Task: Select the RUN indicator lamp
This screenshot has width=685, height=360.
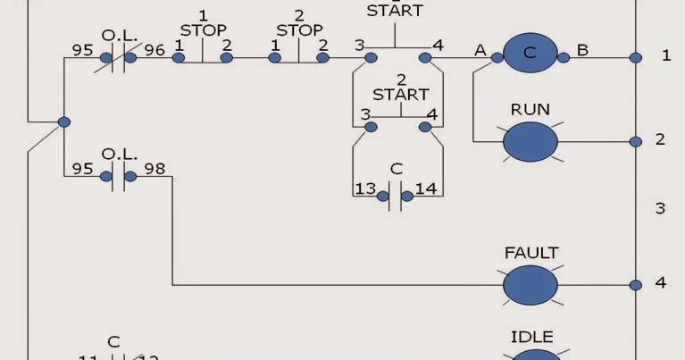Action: [530, 141]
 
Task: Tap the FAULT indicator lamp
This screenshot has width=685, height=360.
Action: [530, 285]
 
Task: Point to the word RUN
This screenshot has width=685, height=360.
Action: [530, 110]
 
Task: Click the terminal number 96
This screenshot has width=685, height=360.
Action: [155, 48]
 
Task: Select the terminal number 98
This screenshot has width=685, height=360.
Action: [155, 168]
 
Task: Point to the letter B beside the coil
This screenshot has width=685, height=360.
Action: [582, 50]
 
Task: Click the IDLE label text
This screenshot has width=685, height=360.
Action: [531, 337]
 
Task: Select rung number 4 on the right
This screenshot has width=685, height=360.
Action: [661, 283]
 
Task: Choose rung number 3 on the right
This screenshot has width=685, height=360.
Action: [660, 208]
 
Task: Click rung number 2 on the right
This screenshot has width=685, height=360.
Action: [661, 140]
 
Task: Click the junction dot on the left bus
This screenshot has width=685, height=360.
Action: [63, 121]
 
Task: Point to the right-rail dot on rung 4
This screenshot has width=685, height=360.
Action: [635, 285]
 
